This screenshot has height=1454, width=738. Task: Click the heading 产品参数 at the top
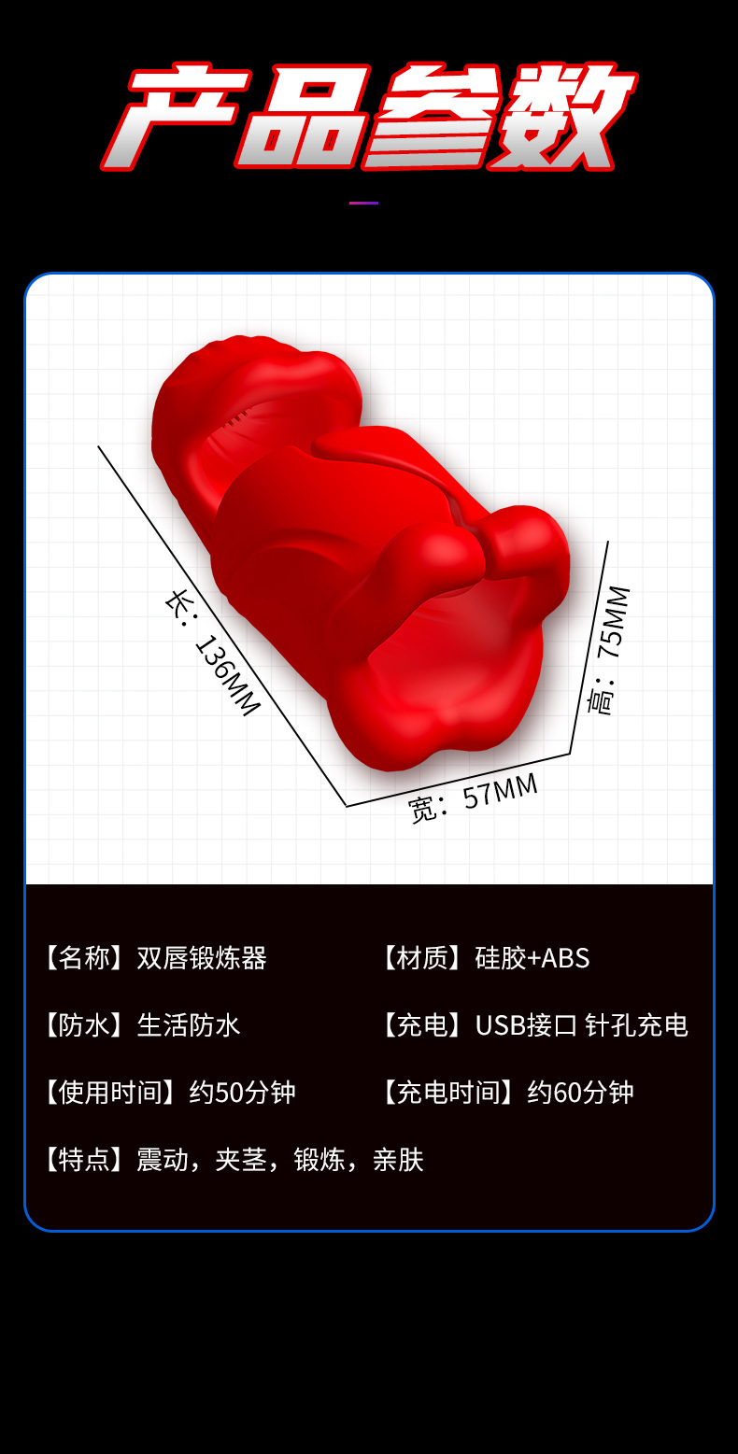click(x=368, y=117)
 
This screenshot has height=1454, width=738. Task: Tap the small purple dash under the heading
click(x=363, y=203)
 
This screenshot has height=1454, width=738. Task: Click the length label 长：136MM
click(x=212, y=652)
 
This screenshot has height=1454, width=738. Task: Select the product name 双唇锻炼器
click(x=202, y=958)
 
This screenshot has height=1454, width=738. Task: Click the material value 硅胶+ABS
click(x=532, y=958)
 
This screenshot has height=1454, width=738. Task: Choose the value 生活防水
click(x=189, y=1025)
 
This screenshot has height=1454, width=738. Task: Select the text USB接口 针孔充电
click(x=581, y=1025)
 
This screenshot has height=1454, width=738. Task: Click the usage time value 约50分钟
click(x=243, y=1093)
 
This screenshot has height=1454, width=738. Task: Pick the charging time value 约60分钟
click(x=581, y=1093)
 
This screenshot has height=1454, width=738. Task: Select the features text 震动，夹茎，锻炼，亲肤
click(x=280, y=1160)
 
